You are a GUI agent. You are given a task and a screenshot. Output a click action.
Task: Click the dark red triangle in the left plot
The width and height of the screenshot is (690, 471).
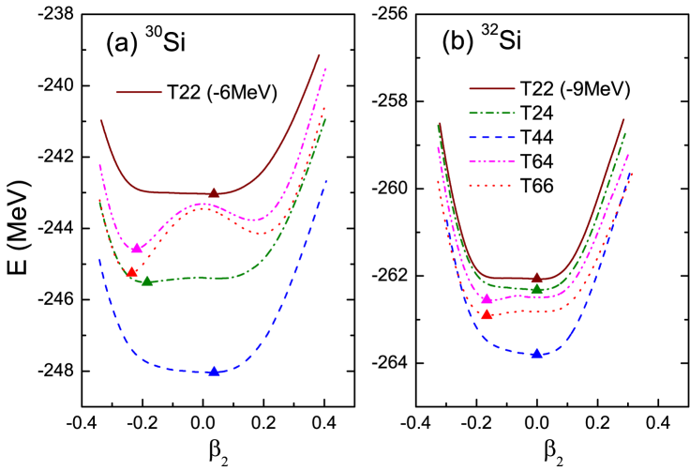click(214, 193)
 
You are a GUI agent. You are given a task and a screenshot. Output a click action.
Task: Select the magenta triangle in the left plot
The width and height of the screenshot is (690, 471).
click(137, 249)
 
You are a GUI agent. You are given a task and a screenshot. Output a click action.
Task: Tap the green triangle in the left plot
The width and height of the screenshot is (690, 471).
click(147, 281)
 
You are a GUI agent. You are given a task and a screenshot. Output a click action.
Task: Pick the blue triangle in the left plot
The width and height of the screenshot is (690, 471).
click(214, 372)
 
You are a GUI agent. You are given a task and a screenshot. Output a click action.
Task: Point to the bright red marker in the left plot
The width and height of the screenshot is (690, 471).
click(132, 272)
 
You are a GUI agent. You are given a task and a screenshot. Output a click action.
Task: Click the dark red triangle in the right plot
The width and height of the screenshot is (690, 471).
click(536, 278)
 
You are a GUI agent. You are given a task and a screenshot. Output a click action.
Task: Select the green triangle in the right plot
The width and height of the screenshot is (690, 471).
click(536, 289)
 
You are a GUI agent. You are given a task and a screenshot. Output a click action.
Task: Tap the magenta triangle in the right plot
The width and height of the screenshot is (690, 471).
click(487, 298)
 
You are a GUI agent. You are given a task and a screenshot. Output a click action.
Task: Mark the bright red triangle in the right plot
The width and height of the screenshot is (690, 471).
click(487, 314)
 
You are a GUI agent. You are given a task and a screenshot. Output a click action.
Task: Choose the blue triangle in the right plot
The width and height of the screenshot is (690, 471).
click(536, 354)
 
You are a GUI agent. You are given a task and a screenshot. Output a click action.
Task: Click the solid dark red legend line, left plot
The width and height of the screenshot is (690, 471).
click(139, 92)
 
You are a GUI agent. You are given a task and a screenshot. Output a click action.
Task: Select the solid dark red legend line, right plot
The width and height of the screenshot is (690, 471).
click(491, 88)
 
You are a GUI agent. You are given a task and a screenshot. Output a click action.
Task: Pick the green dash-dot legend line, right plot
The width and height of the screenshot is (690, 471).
click(491, 113)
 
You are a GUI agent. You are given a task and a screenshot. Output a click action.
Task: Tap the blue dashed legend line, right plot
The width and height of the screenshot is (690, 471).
click(491, 137)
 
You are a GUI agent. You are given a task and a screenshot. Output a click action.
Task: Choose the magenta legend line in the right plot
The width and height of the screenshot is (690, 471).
click(491, 161)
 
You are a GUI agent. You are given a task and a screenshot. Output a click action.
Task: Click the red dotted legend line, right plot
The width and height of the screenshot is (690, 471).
click(491, 186)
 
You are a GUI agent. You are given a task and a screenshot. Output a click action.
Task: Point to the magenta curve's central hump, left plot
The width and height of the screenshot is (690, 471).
click(202, 204)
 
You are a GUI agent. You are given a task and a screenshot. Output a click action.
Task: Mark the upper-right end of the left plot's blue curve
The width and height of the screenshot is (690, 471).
click(326, 180)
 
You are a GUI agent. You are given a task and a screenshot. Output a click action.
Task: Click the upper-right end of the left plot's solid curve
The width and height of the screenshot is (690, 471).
click(319, 55)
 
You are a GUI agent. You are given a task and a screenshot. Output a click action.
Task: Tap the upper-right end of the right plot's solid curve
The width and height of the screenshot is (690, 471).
click(623, 119)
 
